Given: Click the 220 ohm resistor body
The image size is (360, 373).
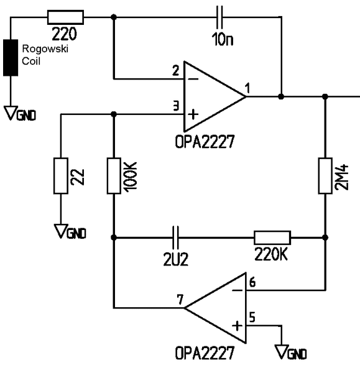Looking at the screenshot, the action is pyautogui.click(x=65, y=17).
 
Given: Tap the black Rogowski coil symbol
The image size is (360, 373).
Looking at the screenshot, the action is pyautogui.click(x=11, y=58).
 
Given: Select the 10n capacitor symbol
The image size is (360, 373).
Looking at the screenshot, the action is pyautogui.click(x=219, y=17).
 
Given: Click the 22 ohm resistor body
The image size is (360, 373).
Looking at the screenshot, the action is pyautogui.click(x=61, y=175).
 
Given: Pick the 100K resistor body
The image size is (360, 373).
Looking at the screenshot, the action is pyautogui.click(x=114, y=175).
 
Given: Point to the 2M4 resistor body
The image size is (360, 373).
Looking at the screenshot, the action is pyautogui.click(x=325, y=175).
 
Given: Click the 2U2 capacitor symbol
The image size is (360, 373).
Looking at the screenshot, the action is pyautogui.click(x=175, y=237).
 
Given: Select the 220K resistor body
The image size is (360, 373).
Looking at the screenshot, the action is pyautogui.click(x=272, y=237).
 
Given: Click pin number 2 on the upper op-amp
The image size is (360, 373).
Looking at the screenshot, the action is pyautogui.click(x=175, y=71).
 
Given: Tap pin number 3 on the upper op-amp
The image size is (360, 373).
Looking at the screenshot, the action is pyautogui.click(x=176, y=106).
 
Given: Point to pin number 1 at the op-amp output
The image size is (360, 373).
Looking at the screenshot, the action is pyautogui.click(x=247, y=88).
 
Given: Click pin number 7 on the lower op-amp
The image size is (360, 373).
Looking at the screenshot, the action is pyautogui.click(x=180, y=300).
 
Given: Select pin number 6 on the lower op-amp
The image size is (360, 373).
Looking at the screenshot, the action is pyautogui.click(x=252, y=282).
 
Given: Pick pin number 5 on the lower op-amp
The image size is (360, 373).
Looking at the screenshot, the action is pyautogui.click(x=252, y=317).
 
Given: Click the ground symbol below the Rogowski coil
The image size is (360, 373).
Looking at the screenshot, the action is pyautogui.click(x=11, y=113).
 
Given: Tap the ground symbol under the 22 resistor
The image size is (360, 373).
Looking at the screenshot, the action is pyautogui.click(x=61, y=231).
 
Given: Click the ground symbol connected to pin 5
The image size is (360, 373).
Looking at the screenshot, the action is pyautogui.click(x=282, y=351).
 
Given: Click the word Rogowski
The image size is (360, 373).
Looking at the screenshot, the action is pyautogui.click(x=45, y=48).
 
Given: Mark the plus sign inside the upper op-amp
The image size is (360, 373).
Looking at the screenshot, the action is pyautogui.click(x=193, y=114).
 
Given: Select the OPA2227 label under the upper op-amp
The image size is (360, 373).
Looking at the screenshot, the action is pyautogui.click(x=205, y=142).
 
